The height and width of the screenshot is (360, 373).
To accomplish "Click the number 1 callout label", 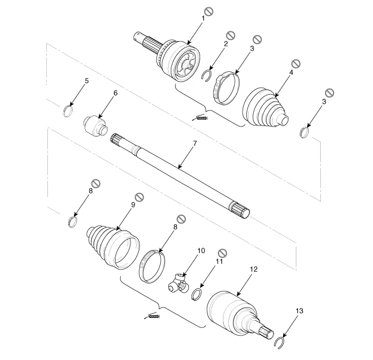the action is pos(203,19).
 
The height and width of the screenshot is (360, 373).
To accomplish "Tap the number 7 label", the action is pos(195,144).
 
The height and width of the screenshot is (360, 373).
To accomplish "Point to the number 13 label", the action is pos(300,311).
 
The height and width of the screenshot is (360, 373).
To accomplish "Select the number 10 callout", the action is pos(201,250).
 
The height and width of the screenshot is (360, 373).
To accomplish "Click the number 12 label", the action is pos(254,269).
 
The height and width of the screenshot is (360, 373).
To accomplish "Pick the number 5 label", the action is pos(87,81).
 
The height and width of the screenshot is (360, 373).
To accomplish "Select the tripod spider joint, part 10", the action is pos(178,283).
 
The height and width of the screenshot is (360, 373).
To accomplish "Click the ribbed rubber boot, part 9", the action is pos(112,247).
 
